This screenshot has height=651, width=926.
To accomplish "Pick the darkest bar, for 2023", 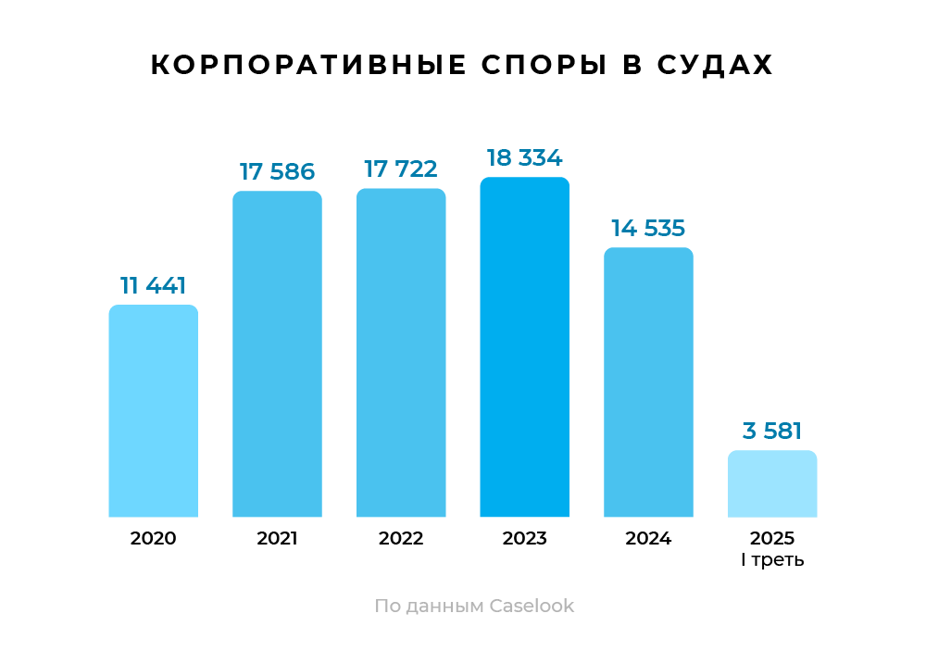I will (x=524, y=346).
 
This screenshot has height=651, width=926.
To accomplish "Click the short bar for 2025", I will (x=772, y=483).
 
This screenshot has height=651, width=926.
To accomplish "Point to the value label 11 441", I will (x=154, y=286).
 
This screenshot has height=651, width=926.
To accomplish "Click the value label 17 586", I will (x=277, y=171).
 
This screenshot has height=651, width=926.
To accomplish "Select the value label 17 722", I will (x=401, y=169).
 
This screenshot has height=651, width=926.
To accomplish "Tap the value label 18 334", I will (x=524, y=157).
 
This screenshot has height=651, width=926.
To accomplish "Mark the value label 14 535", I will (x=648, y=228).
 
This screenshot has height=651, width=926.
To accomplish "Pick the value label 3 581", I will (x=772, y=431).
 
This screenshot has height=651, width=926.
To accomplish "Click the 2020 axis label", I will (x=154, y=538).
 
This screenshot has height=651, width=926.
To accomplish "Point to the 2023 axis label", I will (x=524, y=538).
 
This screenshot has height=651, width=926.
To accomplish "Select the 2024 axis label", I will (x=648, y=538).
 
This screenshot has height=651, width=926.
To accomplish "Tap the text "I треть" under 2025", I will (x=772, y=560).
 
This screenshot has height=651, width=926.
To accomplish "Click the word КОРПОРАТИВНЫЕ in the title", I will (x=308, y=66).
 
